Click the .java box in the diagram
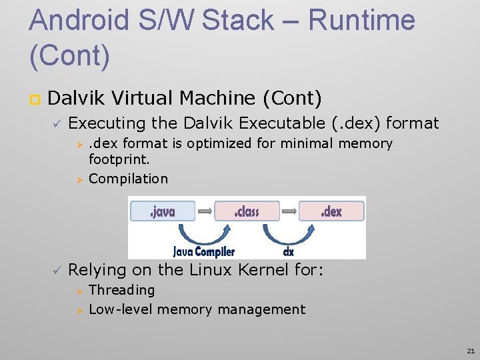(x=163, y=211)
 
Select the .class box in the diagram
(x=247, y=211)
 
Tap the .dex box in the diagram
(x=331, y=211)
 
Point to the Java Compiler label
(x=204, y=252)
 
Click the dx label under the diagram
(x=289, y=252)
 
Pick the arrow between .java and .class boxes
(x=205, y=211)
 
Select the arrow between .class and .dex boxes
(x=289, y=211)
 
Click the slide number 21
(x=471, y=350)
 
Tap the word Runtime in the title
(x=362, y=21)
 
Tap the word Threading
(x=121, y=290)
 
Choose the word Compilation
(x=128, y=179)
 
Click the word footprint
(x=119, y=161)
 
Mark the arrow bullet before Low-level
(x=77, y=310)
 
